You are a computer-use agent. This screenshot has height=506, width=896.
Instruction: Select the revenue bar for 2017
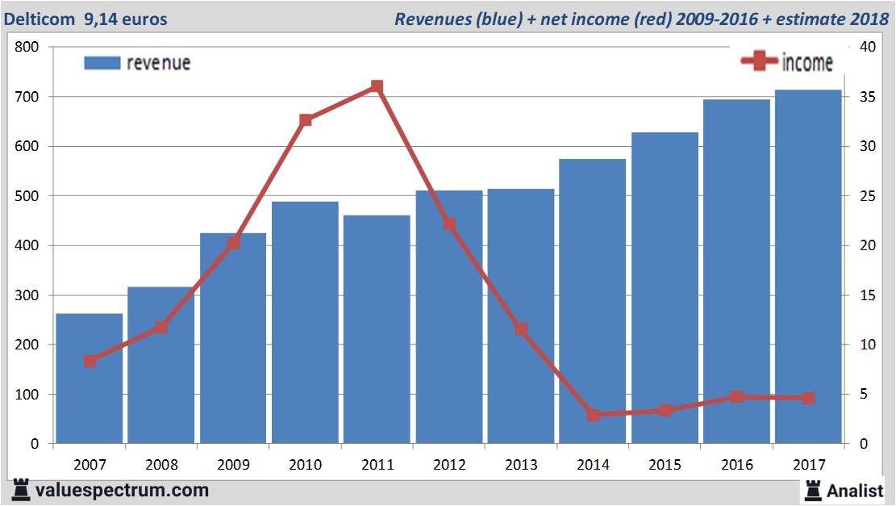click(x=808, y=266)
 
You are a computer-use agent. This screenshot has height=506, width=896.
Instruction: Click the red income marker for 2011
click(x=377, y=86)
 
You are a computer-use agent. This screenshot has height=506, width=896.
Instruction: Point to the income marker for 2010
click(x=306, y=120)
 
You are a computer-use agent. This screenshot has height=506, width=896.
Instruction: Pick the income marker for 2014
click(x=594, y=415)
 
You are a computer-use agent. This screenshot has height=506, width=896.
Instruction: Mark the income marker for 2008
click(x=161, y=327)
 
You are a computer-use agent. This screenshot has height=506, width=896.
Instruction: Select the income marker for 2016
click(x=737, y=397)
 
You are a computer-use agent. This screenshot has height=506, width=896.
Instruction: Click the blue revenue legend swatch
click(x=102, y=63)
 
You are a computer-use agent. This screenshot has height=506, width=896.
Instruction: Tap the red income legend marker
click(x=759, y=61)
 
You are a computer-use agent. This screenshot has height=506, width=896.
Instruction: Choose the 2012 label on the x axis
click(x=448, y=466)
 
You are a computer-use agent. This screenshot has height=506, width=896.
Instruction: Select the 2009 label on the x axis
click(x=233, y=466)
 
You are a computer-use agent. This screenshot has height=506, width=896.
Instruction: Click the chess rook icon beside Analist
click(x=812, y=490)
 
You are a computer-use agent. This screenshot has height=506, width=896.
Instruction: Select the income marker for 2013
click(x=521, y=329)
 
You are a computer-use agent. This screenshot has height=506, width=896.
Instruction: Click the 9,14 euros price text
click(x=126, y=19)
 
